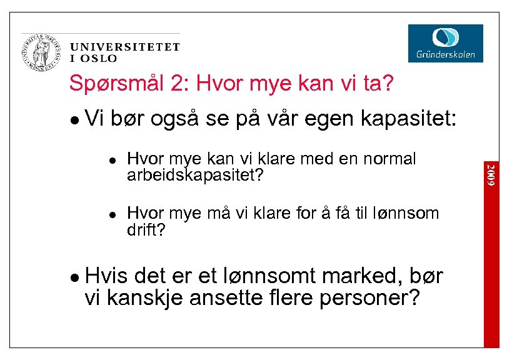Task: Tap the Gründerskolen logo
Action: pos(445,42)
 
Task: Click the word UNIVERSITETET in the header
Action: pos(125,47)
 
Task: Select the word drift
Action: pos(146,230)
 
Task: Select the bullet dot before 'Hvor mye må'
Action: pos(111,214)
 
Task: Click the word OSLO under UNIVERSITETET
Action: pos(99,59)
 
